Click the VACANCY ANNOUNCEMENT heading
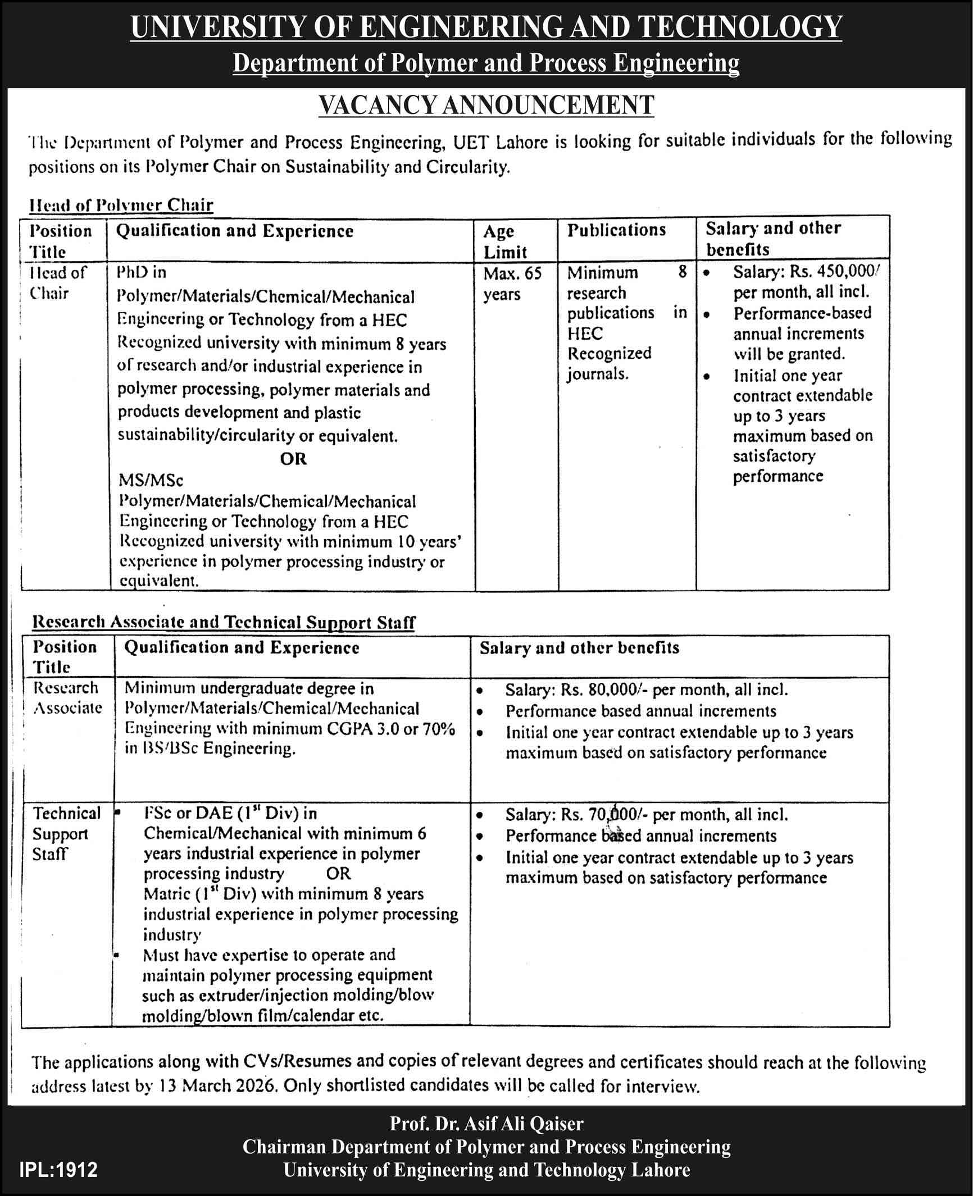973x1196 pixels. click(486, 105)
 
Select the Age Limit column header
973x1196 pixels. click(504, 241)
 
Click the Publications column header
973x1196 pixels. click(616, 230)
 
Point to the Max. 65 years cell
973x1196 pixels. click(512, 284)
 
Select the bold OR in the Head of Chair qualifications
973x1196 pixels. click(293, 459)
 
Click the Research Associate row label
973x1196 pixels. click(67, 697)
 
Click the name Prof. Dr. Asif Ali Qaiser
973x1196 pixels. click(487, 1124)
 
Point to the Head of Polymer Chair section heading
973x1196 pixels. click(121, 205)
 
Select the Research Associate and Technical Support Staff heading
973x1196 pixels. click(224, 622)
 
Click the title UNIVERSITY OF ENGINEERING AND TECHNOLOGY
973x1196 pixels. click(486, 26)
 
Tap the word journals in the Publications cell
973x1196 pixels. click(597, 374)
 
